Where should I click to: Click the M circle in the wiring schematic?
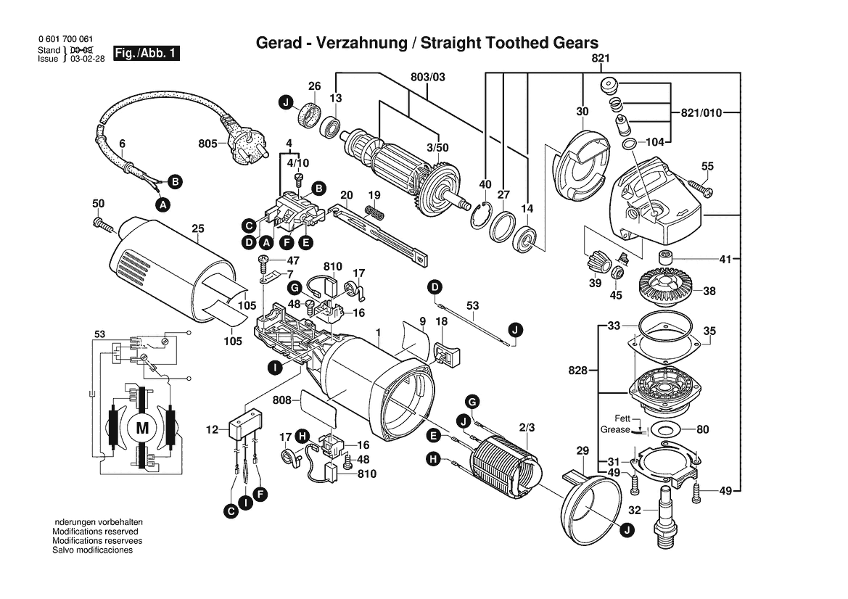pos(142,428)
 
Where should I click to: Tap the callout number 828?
pos(578,371)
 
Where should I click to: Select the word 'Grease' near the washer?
pos(615,430)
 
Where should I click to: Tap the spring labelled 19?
pos(374,212)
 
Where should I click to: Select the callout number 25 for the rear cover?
pos(198,230)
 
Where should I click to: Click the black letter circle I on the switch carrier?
pos(275,368)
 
